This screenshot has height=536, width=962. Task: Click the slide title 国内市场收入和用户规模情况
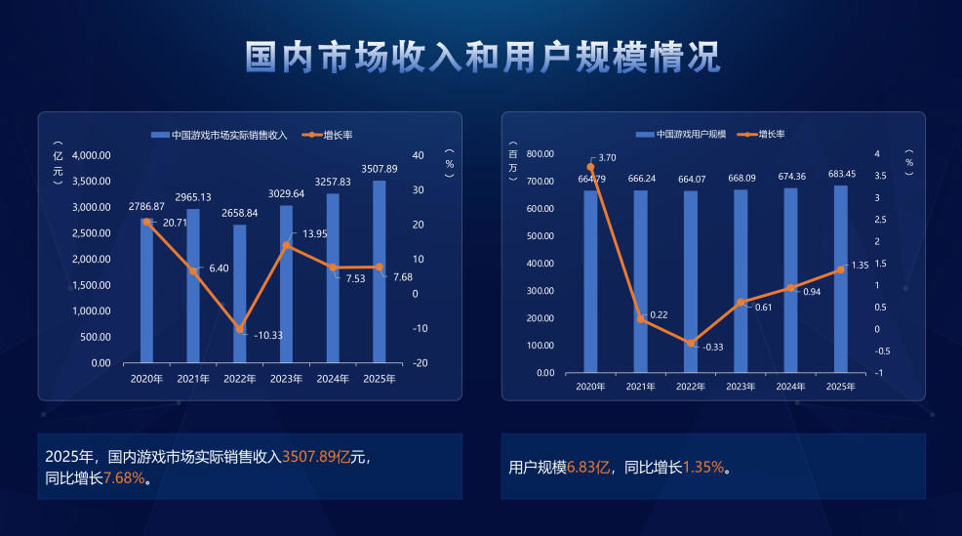(x=482, y=58)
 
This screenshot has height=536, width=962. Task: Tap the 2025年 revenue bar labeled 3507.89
(x=380, y=273)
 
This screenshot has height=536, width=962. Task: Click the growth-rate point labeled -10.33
(x=240, y=329)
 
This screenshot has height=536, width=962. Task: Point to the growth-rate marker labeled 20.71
(x=147, y=223)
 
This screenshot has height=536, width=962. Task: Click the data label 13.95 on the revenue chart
(x=314, y=234)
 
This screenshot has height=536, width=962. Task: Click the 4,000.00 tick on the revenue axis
(x=92, y=155)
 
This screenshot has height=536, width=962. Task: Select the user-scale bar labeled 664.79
(x=590, y=283)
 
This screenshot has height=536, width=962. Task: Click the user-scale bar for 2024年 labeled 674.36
(x=790, y=283)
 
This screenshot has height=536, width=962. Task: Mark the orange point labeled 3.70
(x=590, y=167)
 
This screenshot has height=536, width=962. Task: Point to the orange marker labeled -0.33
(x=691, y=344)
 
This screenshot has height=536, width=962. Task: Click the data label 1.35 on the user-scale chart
(x=860, y=265)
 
